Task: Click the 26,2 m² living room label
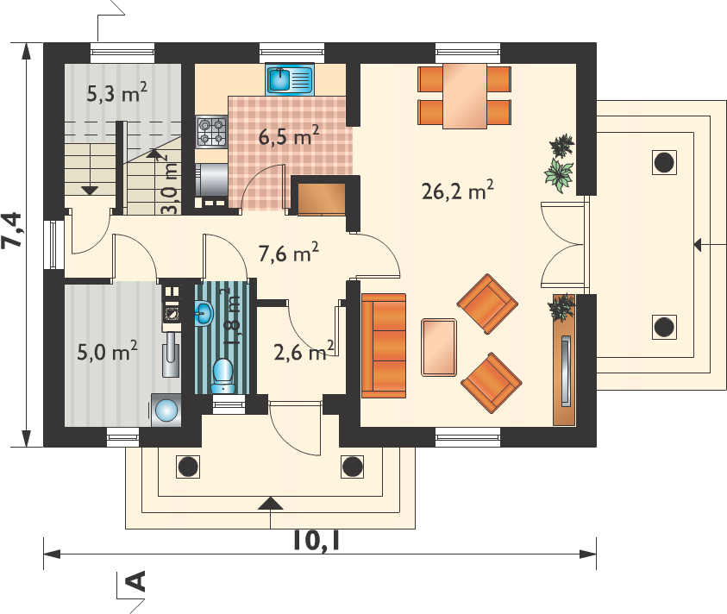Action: tap(457, 190)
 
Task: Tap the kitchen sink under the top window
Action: tap(290, 79)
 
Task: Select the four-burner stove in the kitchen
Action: tap(211, 132)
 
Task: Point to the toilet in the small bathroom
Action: tap(223, 375)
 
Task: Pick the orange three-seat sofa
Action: tap(384, 346)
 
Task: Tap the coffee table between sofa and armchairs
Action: tap(439, 347)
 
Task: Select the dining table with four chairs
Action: tap(464, 96)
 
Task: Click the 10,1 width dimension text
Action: tap(316, 540)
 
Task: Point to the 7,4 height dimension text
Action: tap(12, 230)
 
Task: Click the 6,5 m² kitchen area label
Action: tap(288, 136)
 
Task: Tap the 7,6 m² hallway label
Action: tap(288, 253)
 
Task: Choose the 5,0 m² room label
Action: tap(107, 351)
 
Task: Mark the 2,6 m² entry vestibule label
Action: tap(304, 351)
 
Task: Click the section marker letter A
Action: tap(136, 581)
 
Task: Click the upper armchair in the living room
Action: tap(487, 304)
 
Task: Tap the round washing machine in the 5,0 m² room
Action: tap(166, 410)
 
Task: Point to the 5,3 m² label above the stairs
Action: tap(116, 93)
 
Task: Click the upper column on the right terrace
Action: tap(664, 162)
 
